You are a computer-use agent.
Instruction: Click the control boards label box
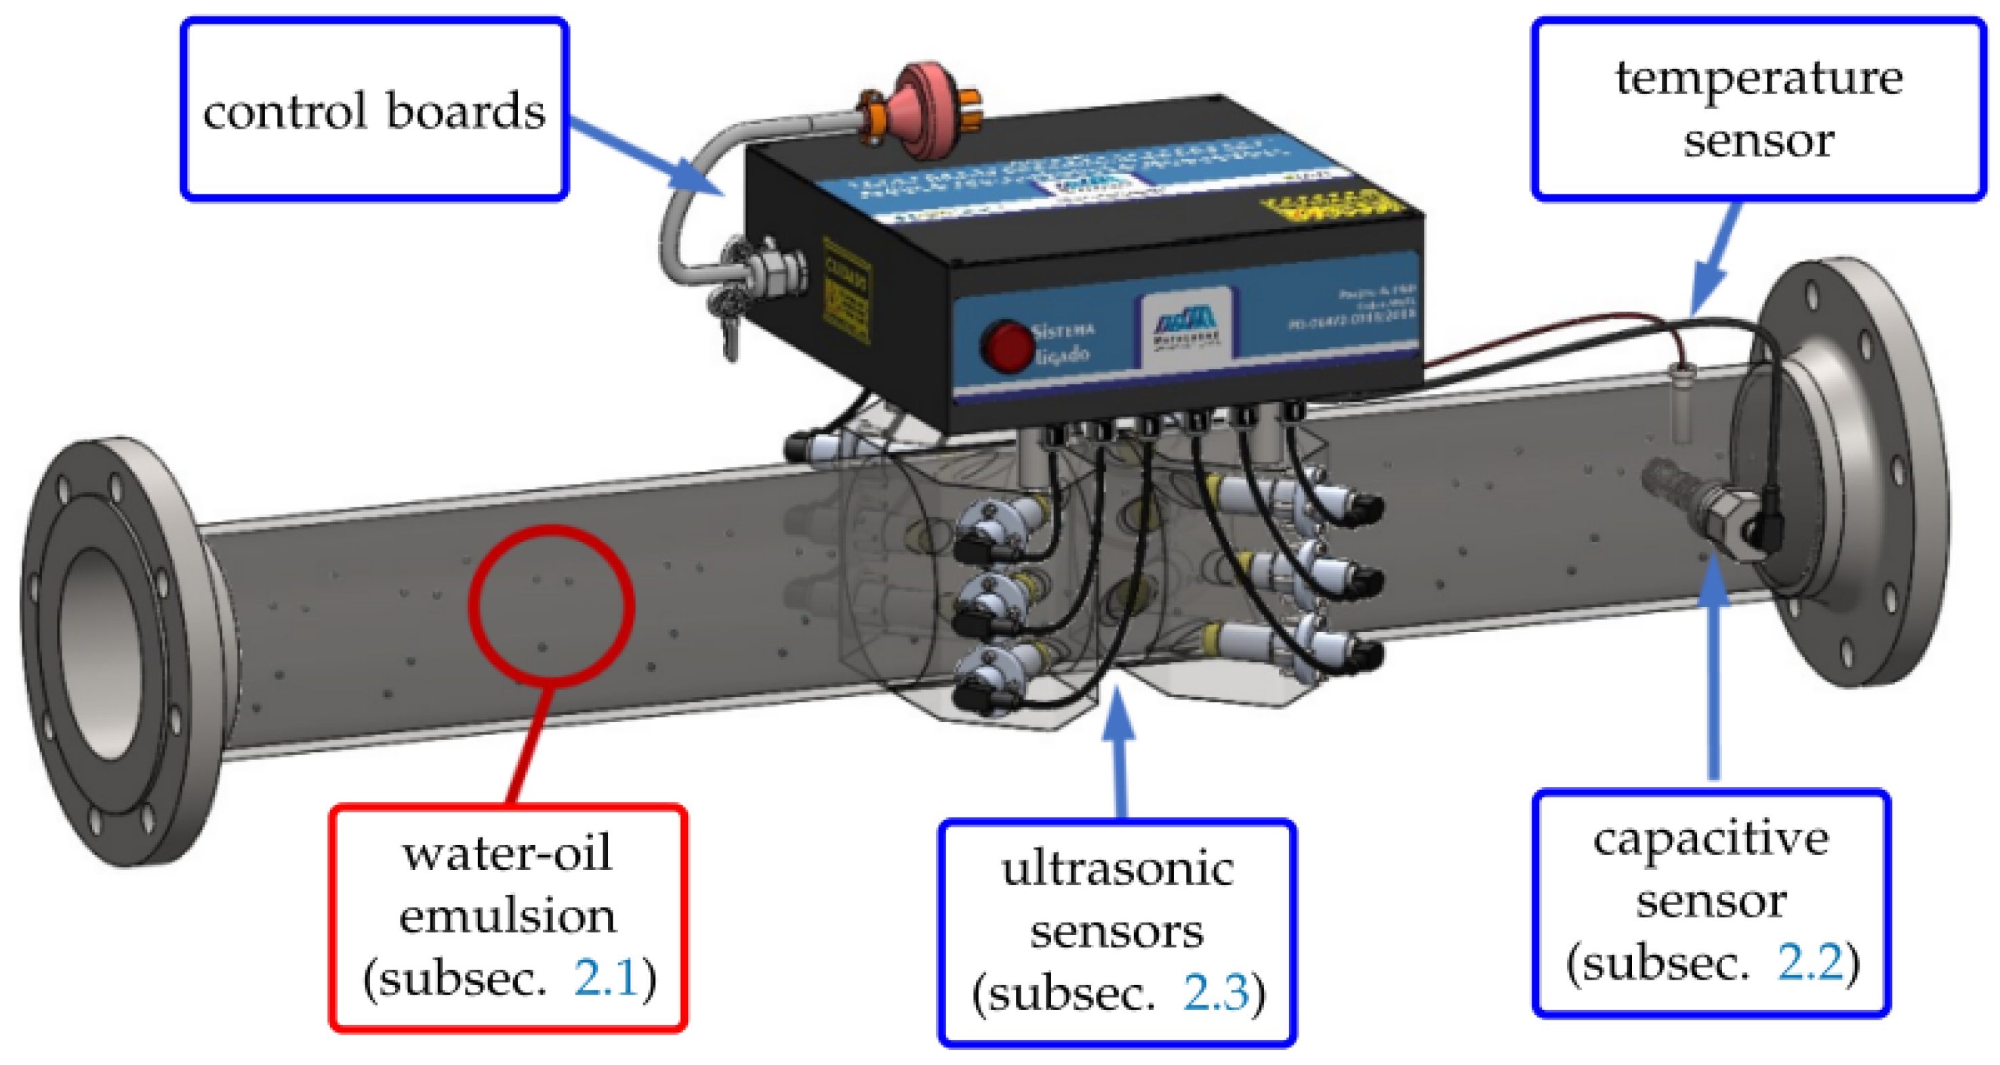tap(374, 110)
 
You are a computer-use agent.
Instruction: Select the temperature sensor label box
tap(1759, 110)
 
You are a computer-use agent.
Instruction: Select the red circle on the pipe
tap(551, 606)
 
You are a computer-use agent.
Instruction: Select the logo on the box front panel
tap(1185, 326)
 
